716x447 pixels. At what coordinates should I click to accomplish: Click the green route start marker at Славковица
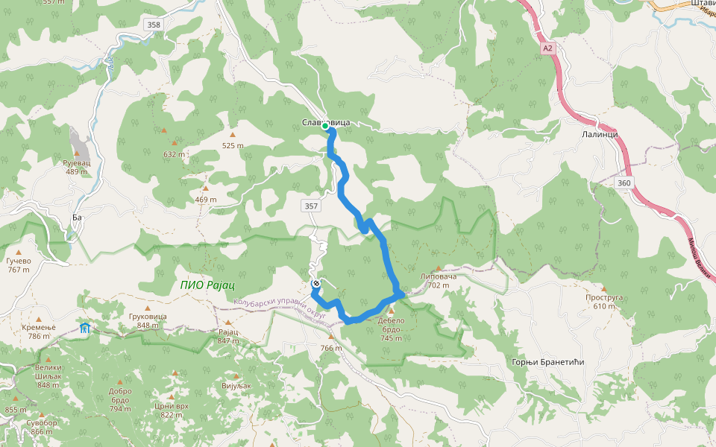click(x=325, y=127)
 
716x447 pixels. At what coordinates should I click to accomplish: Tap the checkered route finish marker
click(x=316, y=284)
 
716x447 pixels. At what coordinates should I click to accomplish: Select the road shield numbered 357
click(x=311, y=206)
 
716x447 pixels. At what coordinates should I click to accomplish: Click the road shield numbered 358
click(x=153, y=25)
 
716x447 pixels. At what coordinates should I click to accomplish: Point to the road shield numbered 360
click(x=624, y=183)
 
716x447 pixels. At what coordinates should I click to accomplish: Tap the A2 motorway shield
click(x=548, y=48)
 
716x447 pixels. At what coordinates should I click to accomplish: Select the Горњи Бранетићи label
click(x=547, y=362)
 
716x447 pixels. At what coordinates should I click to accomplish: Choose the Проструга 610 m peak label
click(x=603, y=301)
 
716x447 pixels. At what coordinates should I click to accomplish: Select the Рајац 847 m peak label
click(x=227, y=335)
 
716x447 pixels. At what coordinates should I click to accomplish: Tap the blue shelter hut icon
click(x=85, y=328)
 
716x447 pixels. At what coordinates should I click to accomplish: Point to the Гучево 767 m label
click(x=18, y=265)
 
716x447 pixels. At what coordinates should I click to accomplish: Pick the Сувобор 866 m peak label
click(x=42, y=428)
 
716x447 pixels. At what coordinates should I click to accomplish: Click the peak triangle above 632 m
click(x=175, y=142)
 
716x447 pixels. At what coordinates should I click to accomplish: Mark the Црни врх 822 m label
click(x=172, y=410)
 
